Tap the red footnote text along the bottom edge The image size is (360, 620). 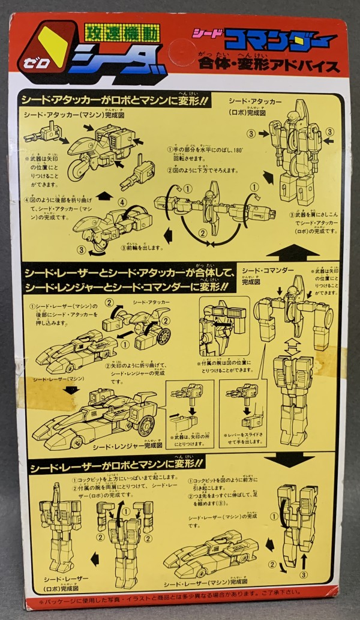tap(180, 600)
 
